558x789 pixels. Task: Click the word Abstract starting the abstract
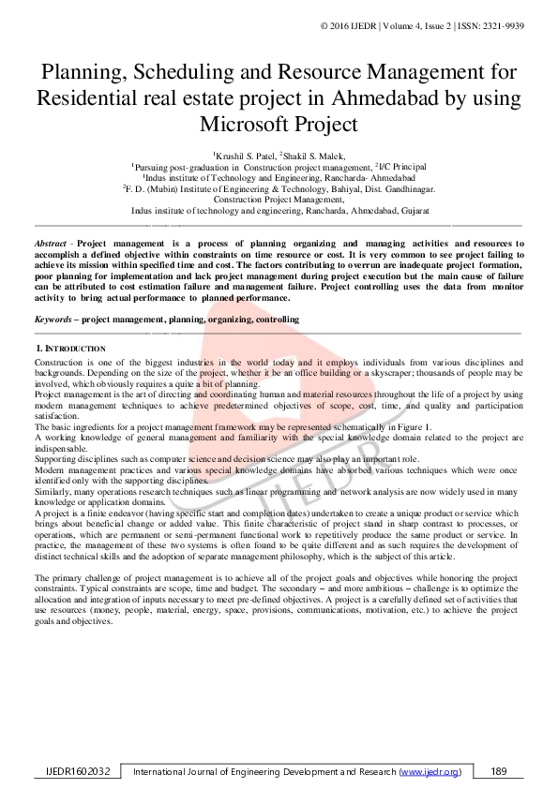click(53, 244)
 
